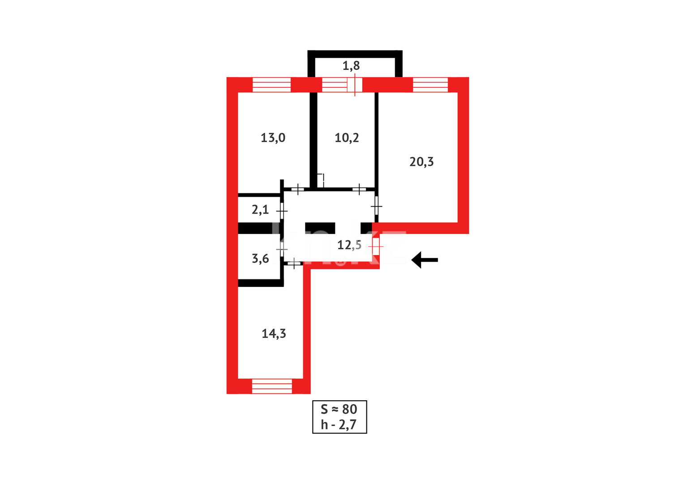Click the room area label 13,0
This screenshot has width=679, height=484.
pyautogui.click(x=273, y=138)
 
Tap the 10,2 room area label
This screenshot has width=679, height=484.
pyautogui.click(x=347, y=138)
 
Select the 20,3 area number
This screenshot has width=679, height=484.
pyautogui.click(x=421, y=162)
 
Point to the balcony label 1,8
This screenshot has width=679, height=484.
pyautogui.click(x=351, y=66)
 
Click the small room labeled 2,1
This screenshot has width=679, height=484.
pyautogui.click(x=260, y=209)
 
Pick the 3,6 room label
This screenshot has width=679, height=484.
pyautogui.click(x=260, y=259)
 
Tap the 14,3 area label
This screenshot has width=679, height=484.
pyautogui.click(x=274, y=333)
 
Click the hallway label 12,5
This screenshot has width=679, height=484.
pyautogui.click(x=349, y=245)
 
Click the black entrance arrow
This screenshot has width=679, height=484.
pyautogui.click(x=424, y=260)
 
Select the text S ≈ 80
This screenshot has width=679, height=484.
pyautogui.click(x=339, y=409)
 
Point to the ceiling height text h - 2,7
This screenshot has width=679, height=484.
pyautogui.click(x=339, y=424)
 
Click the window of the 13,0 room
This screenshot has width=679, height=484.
pyautogui.click(x=271, y=85)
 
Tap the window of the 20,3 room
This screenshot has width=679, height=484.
pyautogui.click(x=430, y=85)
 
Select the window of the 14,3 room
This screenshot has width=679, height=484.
pyautogui.click(x=272, y=386)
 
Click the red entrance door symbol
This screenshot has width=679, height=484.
pyautogui.click(x=376, y=246)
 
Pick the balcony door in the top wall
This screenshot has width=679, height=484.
pyautogui.click(x=355, y=85)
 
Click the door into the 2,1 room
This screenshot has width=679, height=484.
pyautogui.click(x=282, y=211)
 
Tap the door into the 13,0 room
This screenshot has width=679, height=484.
pyautogui.click(x=298, y=189)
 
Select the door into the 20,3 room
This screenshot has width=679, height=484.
pyautogui.click(x=377, y=207)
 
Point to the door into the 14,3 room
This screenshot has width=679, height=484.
pyautogui.click(x=293, y=264)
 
